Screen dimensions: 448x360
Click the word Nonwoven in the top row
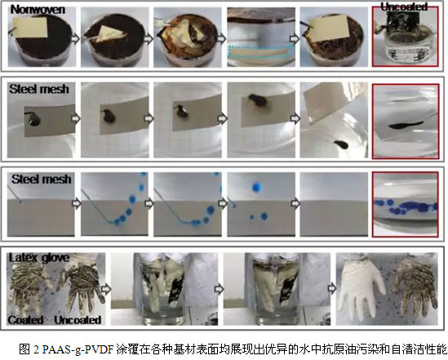click(x=38, y=10)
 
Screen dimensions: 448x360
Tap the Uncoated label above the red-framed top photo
click(x=404, y=7)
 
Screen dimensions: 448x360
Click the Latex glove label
click(x=39, y=258)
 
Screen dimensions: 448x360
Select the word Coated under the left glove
click(x=26, y=320)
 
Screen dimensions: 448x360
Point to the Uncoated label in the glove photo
click(x=78, y=320)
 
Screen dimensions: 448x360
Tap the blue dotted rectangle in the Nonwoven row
click(x=261, y=51)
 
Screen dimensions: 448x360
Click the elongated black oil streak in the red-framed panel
click(x=406, y=125)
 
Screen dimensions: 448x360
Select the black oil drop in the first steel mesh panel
click(x=34, y=120)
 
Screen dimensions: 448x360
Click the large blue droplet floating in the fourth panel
click(x=257, y=187)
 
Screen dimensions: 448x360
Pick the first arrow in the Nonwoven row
click(x=76, y=38)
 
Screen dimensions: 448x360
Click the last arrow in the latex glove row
click(x=332, y=289)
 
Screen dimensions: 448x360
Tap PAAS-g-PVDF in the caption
click(x=78, y=349)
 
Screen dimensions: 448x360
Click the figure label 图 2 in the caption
click(x=29, y=349)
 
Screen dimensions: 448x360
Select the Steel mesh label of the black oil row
click(x=39, y=89)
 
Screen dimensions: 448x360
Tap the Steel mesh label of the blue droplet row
click(x=42, y=179)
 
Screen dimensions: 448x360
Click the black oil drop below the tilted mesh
click(x=341, y=144)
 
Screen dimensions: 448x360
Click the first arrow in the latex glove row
click(x=106, y=289)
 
